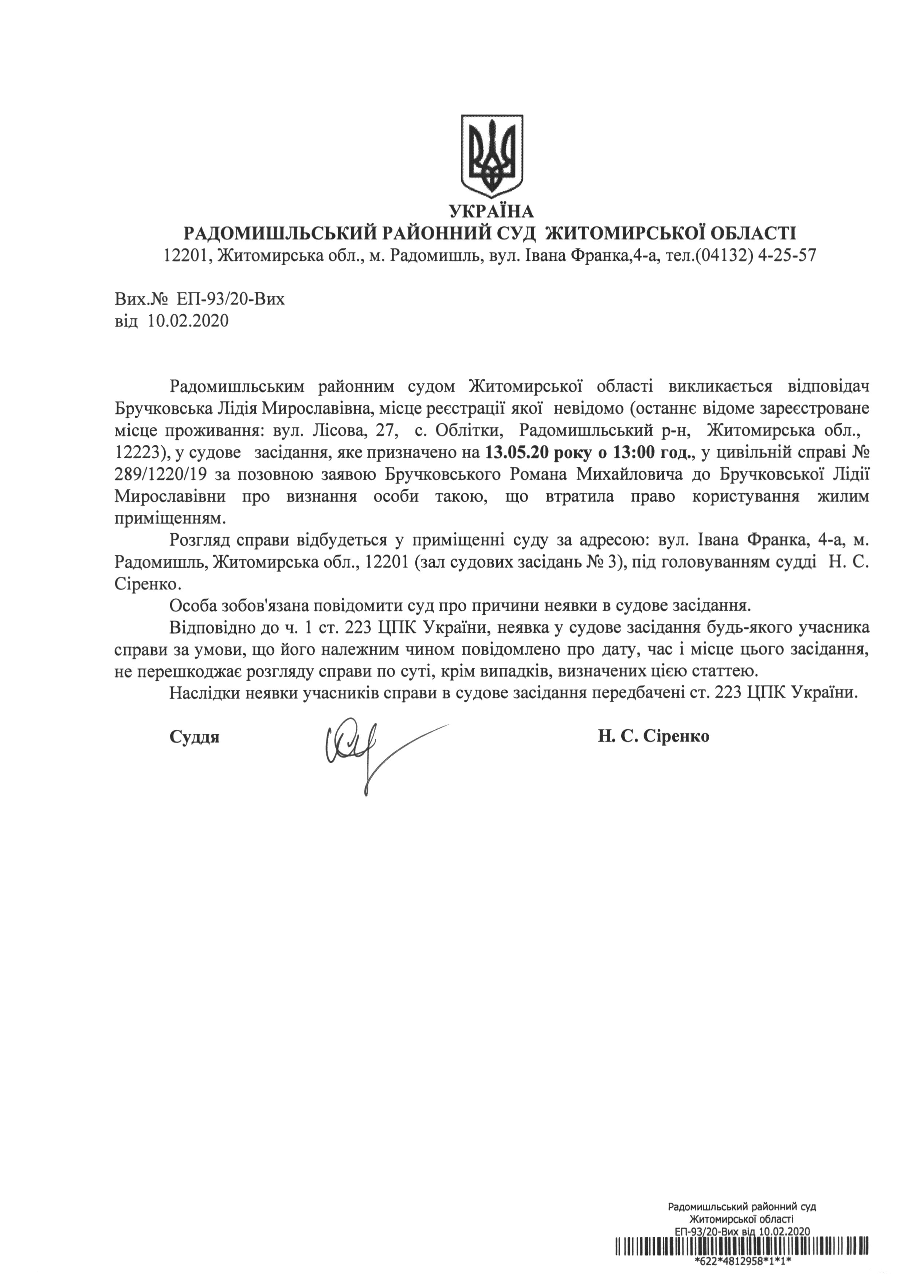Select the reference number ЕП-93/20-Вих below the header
pos(231,300)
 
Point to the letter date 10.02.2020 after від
pos(188,321)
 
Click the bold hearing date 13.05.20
pos(519,452)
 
